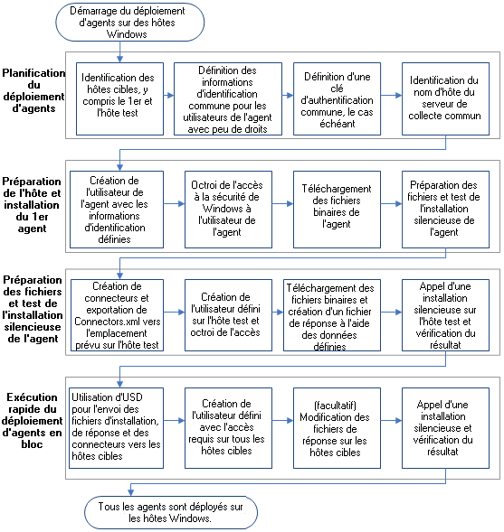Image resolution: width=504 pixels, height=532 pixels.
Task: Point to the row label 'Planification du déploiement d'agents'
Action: point(33,90)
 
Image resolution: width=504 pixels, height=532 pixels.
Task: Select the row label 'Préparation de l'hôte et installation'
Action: point(33,203)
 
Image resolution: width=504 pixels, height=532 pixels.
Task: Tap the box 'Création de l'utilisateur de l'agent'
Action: point(113,202)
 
